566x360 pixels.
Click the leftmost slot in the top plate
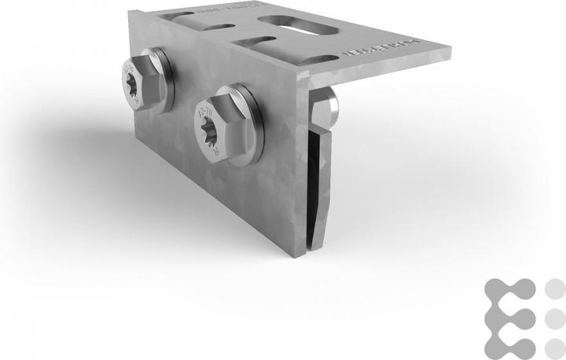point(179,16)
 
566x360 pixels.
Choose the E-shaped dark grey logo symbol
point(510,317)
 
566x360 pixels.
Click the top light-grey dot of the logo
point(555,287)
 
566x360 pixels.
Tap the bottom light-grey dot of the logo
point(555,347)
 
